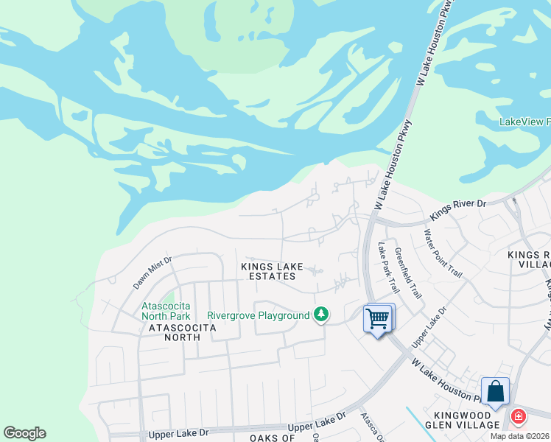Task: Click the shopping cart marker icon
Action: [378, 319]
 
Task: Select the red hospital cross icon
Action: [519, 417]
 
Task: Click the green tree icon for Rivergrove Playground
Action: [320, 315]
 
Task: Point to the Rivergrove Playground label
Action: [259, 315]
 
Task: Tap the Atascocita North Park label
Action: [166, 310]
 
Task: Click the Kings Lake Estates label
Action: [269, 271]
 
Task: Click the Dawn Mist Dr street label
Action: [152, 272]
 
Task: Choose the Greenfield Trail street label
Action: [408, 272]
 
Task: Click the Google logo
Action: [24, 433]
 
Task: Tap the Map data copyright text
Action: [520, 436]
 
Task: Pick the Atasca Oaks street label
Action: [372, 427]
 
